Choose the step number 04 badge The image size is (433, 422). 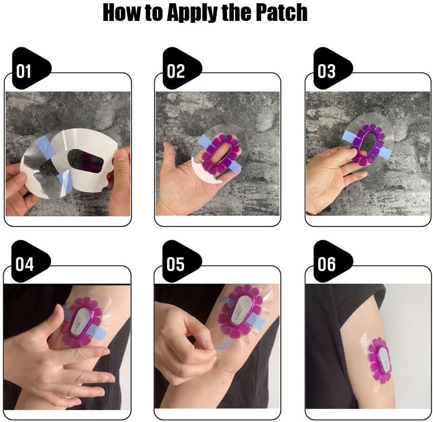pyautogui.click(x=31, y=261)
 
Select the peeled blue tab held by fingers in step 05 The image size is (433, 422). pyautogui.click(x=223, y=345)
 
